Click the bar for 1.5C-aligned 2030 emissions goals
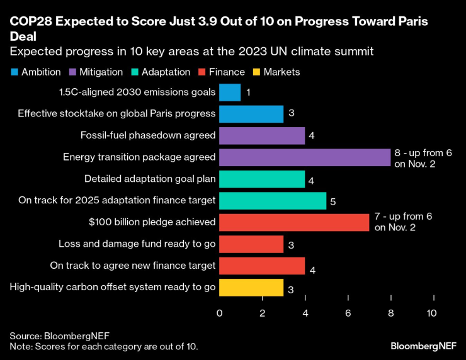[230, 93]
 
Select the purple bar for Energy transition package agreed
[305, 157]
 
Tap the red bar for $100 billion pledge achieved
[294, 222]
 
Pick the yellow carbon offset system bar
[251, 287]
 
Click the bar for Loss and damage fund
[251, 244]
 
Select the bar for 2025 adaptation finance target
[273, 201]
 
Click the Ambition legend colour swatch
[15, 72]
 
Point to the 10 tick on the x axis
[432, 313]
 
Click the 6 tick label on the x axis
[348, 313]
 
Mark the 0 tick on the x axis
[220, 313]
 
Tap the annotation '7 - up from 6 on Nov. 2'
[403, 222]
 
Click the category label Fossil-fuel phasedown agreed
[148, 135]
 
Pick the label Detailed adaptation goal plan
[150, 179]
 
